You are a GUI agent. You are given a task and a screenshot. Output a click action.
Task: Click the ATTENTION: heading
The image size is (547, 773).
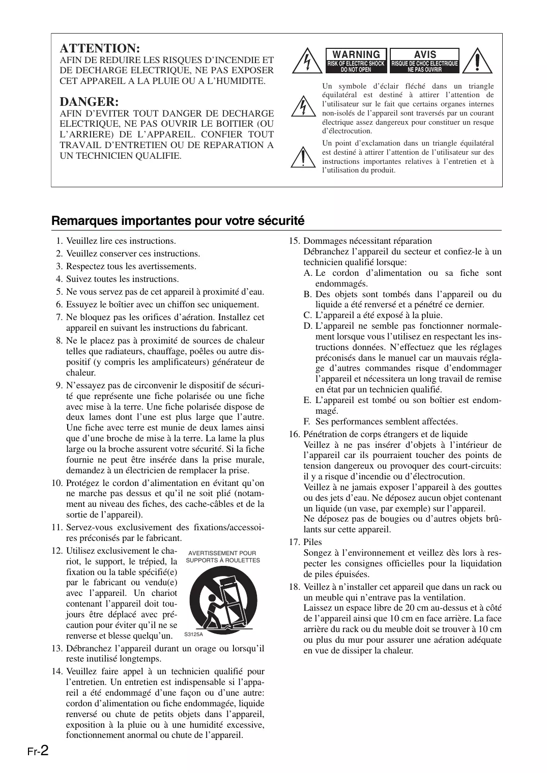100,48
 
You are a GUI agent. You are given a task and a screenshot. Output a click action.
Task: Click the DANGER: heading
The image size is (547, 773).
89,102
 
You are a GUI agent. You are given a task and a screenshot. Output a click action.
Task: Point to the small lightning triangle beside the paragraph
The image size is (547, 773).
302,106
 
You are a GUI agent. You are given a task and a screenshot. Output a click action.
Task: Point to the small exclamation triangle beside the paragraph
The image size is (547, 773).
302,157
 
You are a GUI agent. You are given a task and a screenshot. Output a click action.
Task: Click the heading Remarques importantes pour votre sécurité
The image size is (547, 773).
178,221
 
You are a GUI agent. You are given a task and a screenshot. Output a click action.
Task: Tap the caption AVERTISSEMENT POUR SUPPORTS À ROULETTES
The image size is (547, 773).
223,557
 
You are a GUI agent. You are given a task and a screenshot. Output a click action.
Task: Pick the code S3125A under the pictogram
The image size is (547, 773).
193,635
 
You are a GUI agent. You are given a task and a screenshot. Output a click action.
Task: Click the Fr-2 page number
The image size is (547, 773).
38,751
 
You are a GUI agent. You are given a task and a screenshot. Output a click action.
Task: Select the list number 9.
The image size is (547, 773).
59,385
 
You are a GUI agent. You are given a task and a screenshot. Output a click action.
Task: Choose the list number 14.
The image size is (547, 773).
57,671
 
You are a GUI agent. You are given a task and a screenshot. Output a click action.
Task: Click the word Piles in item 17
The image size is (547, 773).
312,542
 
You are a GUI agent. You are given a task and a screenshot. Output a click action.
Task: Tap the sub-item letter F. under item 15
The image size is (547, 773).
307,421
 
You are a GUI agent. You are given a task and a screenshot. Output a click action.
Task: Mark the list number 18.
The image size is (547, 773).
295,587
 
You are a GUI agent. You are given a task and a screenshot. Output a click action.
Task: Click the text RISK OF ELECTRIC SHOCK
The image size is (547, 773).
356,64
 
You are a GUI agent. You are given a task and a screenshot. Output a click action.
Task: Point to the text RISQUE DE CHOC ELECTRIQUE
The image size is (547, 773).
425,64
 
